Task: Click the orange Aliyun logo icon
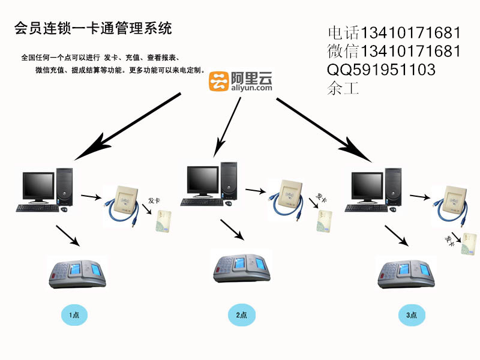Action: click(218, 81)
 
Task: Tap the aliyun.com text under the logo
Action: click(251, 88)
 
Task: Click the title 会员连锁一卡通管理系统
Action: click(93, 28)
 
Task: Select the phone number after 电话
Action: click(411, 33)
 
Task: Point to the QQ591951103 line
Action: click(381, 70)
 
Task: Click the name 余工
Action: click(343, 88)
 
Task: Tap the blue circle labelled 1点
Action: click(74, 314)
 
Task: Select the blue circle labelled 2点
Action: click(242, 314)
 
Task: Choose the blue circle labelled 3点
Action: click(412, 314)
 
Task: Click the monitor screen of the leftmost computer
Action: click(38, 185)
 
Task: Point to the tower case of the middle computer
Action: click(229, 181)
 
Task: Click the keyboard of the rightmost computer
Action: click(366, 208)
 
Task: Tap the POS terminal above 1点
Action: click(77, 274)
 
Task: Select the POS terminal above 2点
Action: click(242, 268)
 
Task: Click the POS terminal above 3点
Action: click(406, 274)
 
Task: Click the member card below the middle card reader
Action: click(324, 221)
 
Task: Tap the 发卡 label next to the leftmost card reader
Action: click(154, 200)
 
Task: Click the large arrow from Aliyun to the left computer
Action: click(127, 127)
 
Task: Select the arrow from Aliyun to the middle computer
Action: click(227, 127)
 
